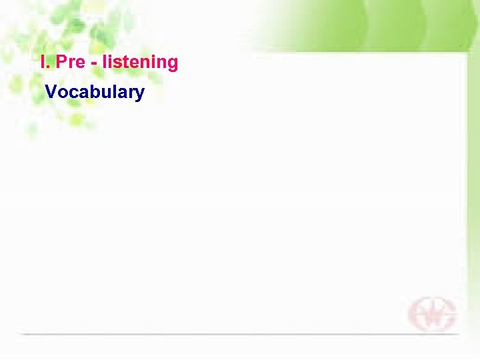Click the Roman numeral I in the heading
(43, 63)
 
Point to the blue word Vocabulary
(95, 92)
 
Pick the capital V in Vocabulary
(51, 92)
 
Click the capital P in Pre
(62, 63)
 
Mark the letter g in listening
(172, 65)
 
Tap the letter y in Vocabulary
(139, 95)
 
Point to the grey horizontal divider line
(240, 333)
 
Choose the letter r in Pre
(71, 64)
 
